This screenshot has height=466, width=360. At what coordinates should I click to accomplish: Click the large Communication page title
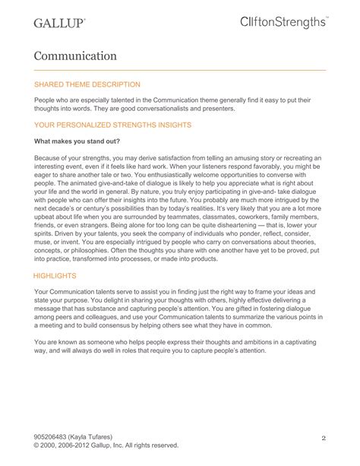point(74,55)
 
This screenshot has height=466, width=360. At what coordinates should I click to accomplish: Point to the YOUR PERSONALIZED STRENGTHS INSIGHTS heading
point(113,124)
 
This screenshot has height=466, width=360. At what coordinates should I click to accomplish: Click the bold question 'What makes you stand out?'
point(81,141)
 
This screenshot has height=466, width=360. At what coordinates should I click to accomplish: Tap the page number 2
point(323,438)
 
